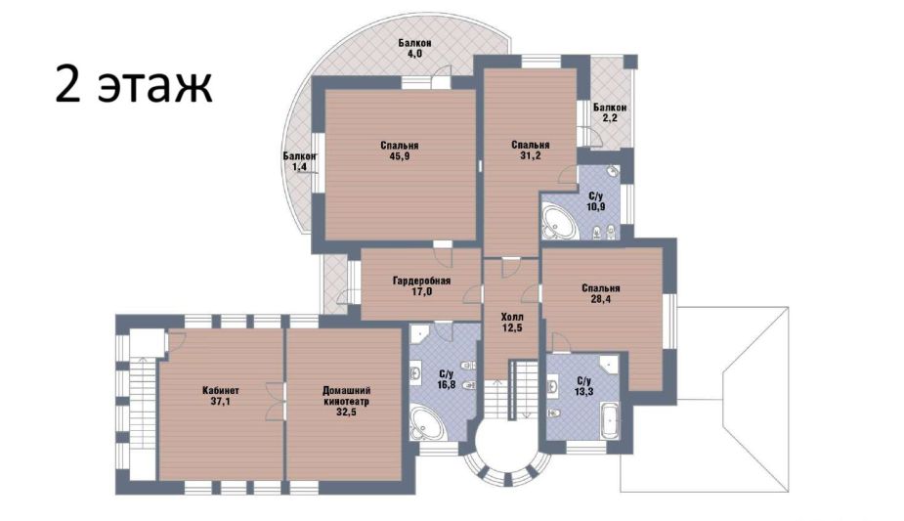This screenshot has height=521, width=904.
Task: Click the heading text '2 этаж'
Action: [x=134, y=84]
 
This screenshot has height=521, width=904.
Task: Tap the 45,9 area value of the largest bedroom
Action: [x=400, y=155]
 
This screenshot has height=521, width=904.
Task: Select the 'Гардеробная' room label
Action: [x=421, y=282]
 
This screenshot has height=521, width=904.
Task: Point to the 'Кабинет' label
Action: [x=221, y=391]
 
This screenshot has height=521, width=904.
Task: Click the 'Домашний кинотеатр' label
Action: [x=346, y=396]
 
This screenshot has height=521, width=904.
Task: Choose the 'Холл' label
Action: [x=512, y=317]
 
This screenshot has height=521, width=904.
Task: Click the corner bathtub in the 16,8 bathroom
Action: [x=425, y=424]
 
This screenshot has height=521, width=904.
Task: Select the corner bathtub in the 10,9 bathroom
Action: [x=558, y=221]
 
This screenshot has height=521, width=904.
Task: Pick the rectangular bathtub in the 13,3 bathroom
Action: [x=608, y=421]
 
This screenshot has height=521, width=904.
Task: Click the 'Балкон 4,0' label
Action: [x=415, y=48]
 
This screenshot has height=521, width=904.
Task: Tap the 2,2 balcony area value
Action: [x=610, y=118]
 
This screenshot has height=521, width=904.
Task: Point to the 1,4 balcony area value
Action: [x=299, y=167]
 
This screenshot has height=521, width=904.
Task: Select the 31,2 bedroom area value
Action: [x=531, y=155]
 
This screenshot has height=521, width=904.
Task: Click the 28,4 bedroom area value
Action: [x=601, y=298]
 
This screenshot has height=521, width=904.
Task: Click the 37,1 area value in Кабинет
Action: [x=221, y=402]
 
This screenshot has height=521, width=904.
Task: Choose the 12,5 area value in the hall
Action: [x=512, y=327]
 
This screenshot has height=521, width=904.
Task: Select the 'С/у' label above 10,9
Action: [x=596, y=196]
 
